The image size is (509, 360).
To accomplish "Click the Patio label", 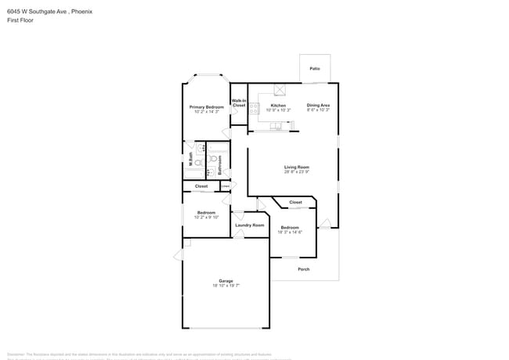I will (x=315, y=69).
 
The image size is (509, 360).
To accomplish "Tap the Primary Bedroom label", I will (x=207, y=106).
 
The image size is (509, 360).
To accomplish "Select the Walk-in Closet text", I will (x=239, y=103).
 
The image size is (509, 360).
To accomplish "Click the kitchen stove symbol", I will (x=254, y=110).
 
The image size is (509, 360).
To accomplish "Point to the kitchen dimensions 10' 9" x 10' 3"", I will (x=278, y=110).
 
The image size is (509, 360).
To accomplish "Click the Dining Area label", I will (x=318, y=105).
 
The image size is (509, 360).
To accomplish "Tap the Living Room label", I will (x=297, y=167).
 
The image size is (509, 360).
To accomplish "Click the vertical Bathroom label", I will (x=220, y=164).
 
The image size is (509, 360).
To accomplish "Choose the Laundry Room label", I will (x=250, y=225).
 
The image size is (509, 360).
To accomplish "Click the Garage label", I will (x=226, y=280).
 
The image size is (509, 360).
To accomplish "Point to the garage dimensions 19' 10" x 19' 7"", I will (x=226, y=286).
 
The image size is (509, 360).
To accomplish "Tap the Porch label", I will (x=304, y=269).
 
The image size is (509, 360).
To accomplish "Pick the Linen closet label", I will (x=226, y=185).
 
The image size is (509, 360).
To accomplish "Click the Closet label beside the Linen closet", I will (x=201, y=186).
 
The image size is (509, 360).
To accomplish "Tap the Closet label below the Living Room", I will (x=295, y=202).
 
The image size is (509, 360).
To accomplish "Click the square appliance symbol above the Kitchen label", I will (x=278, y=90).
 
